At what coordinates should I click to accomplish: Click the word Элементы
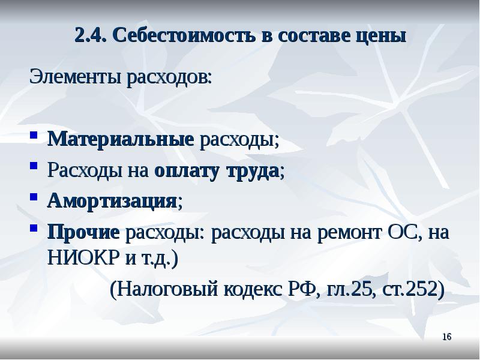point(76,77)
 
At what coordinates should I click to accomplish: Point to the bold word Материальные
point(121,140)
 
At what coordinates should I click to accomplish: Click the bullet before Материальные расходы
point(35,140)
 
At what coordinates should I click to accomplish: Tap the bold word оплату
point(187,171)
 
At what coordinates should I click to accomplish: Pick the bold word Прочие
point(84,231)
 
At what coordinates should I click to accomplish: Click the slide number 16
point(446,337)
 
